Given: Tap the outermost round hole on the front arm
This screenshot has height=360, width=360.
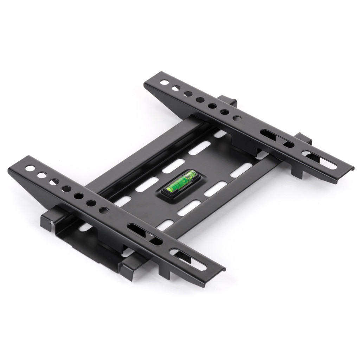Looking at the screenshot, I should [30, 168].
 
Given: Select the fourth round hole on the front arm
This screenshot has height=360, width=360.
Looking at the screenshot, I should [66, 189].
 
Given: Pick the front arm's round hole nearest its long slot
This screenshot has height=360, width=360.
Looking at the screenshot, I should [103, 210].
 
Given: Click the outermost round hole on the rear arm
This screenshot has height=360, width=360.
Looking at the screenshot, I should [165, 83].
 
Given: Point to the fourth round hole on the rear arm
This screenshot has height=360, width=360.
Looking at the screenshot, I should [200, 100].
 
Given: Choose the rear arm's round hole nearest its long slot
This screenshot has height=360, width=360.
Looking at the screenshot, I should [237, 118].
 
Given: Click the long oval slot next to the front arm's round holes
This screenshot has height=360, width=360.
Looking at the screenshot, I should [144, 234].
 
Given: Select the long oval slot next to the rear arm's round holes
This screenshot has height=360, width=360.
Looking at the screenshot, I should [277, 139].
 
